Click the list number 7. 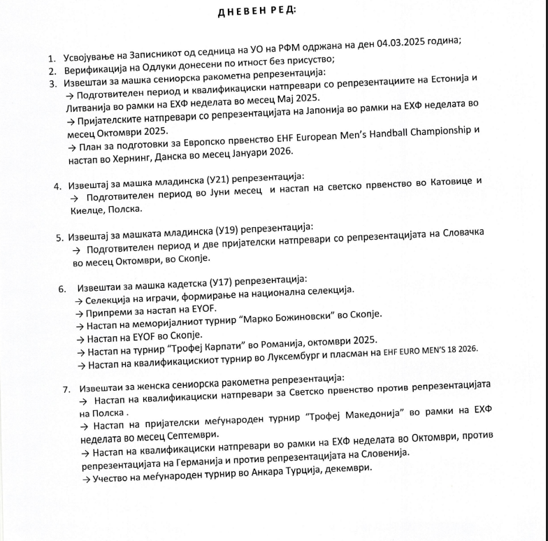click(x=66, y=388)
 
